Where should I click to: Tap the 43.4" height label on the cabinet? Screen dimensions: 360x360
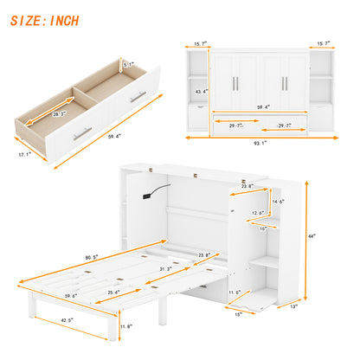[x=201, y=91]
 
